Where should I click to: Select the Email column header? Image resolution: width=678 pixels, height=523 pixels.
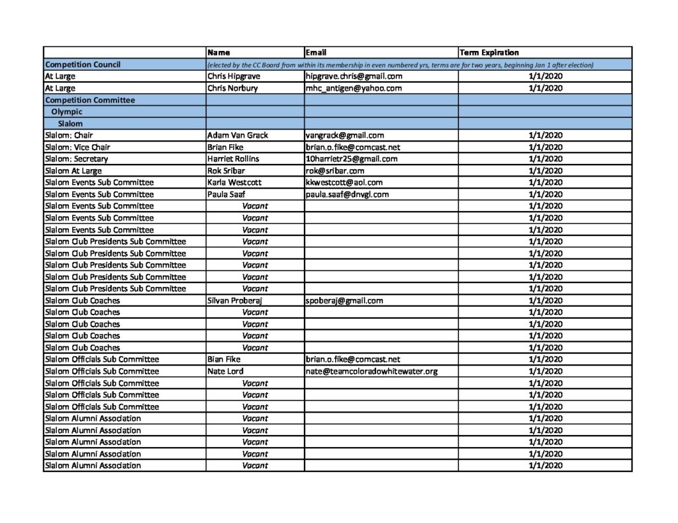pos(316,52)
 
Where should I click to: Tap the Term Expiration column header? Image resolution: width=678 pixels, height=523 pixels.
pos(489,52)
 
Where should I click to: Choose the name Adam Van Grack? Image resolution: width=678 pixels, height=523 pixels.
pos(238,136)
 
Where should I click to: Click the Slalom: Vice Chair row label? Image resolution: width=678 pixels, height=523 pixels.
pos(77,147)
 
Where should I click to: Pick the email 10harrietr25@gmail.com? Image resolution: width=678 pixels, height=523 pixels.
pos(352,159)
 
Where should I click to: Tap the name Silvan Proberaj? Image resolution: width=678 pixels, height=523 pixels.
pos(235,300)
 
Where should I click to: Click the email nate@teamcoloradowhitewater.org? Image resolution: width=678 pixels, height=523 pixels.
pos(371,372)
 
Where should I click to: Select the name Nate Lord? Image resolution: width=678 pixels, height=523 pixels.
pos(226,372)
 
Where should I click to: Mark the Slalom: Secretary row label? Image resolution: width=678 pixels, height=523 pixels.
pos(76,159)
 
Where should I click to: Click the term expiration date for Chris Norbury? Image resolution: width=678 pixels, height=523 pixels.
pos(546,88)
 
